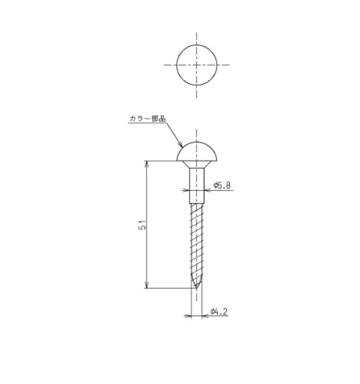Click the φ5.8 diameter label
tap(222, 185)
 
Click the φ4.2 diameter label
tap(219, 312)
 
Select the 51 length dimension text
tap(142, 225)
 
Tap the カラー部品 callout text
tap(147, 118)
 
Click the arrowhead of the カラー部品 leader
tap(181, 145)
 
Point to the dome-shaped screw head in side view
tap(197, 151)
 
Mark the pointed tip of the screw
tap(196, 287)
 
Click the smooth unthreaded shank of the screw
tap(197, 186)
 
